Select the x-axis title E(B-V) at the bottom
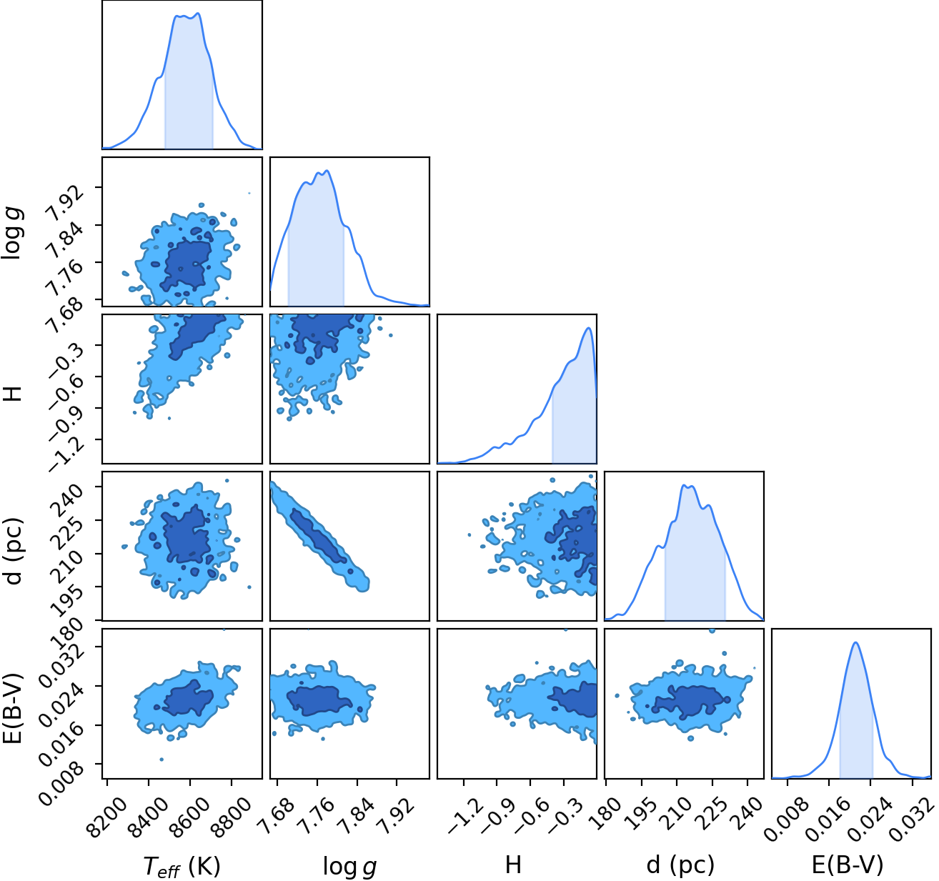[x=848, y=865]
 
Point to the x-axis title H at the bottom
[x=514, y=865]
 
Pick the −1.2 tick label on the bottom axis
[x=464, y=812]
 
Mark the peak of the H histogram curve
[x=588, y=328]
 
